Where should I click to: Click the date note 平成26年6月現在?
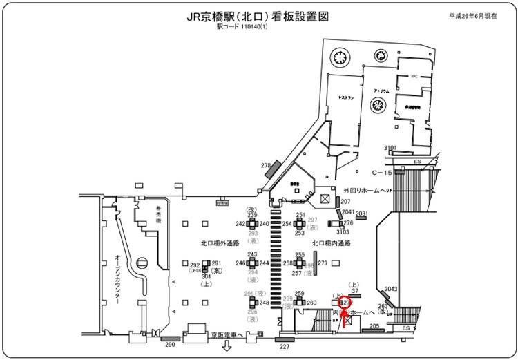tap(473, 15)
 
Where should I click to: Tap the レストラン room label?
tap(346, 98)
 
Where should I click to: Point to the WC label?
tap(415, 76)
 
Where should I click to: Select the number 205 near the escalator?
tap(375, 326)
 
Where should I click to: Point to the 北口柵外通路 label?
tap(220, 243)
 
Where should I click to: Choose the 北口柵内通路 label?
tap(332, 243)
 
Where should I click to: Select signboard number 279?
tap(323, 263)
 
